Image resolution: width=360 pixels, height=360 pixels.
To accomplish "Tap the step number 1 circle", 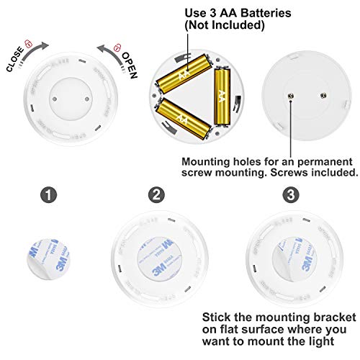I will tap(46, 195).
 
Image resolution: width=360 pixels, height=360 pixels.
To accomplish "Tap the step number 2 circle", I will tap(157, 195).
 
